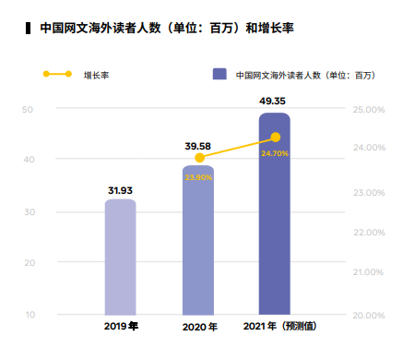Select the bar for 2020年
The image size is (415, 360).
[198, 245]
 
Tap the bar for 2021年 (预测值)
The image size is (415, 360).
[275, 222]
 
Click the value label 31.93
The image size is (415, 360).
[120, 191]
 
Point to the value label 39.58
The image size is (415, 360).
[198, 146]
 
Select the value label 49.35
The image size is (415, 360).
[275, 100]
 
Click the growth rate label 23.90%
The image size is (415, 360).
[198, 177]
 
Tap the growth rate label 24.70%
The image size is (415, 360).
[275, 153]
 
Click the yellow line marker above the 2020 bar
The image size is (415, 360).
[199, 158]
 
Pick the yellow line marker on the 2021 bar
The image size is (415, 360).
[275, 137]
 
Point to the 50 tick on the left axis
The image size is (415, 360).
[29, 110]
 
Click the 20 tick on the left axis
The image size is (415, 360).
[29, 263]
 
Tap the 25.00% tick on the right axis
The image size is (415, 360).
[369, 110]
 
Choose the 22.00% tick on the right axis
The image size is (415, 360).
[369, 233]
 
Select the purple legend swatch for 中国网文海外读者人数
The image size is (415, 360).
[219, 74]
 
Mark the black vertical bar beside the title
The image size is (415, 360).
[29, 29]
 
